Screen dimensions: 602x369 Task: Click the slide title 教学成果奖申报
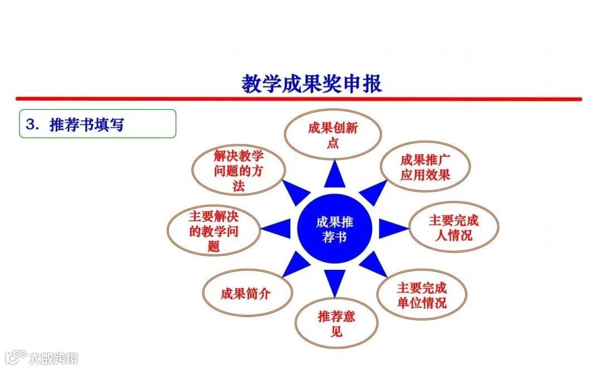click(x=312, y=84)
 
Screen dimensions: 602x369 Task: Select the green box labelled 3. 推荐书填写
click(x=98, y=124)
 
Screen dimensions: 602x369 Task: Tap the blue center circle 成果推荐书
click(x=334, y=229)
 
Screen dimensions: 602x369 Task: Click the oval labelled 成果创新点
click(x=333, y=135)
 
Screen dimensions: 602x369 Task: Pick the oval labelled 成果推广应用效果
click(x=425, y=167)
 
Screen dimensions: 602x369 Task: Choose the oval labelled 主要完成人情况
click(x=453, y=227)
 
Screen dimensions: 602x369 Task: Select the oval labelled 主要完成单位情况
click(x=421, y=295)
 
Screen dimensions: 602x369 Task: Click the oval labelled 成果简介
click(x=246, y=293)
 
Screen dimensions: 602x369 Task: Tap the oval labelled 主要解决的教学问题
click(x=213, y=231)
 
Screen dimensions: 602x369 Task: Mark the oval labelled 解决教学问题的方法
click(x=238, y=171)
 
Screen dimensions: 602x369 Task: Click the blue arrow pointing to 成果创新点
click(x=334, y=174)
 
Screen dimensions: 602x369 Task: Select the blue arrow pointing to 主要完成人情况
click(x=392, y=228)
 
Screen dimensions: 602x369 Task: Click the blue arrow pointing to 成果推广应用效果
click(x=372, y=192)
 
